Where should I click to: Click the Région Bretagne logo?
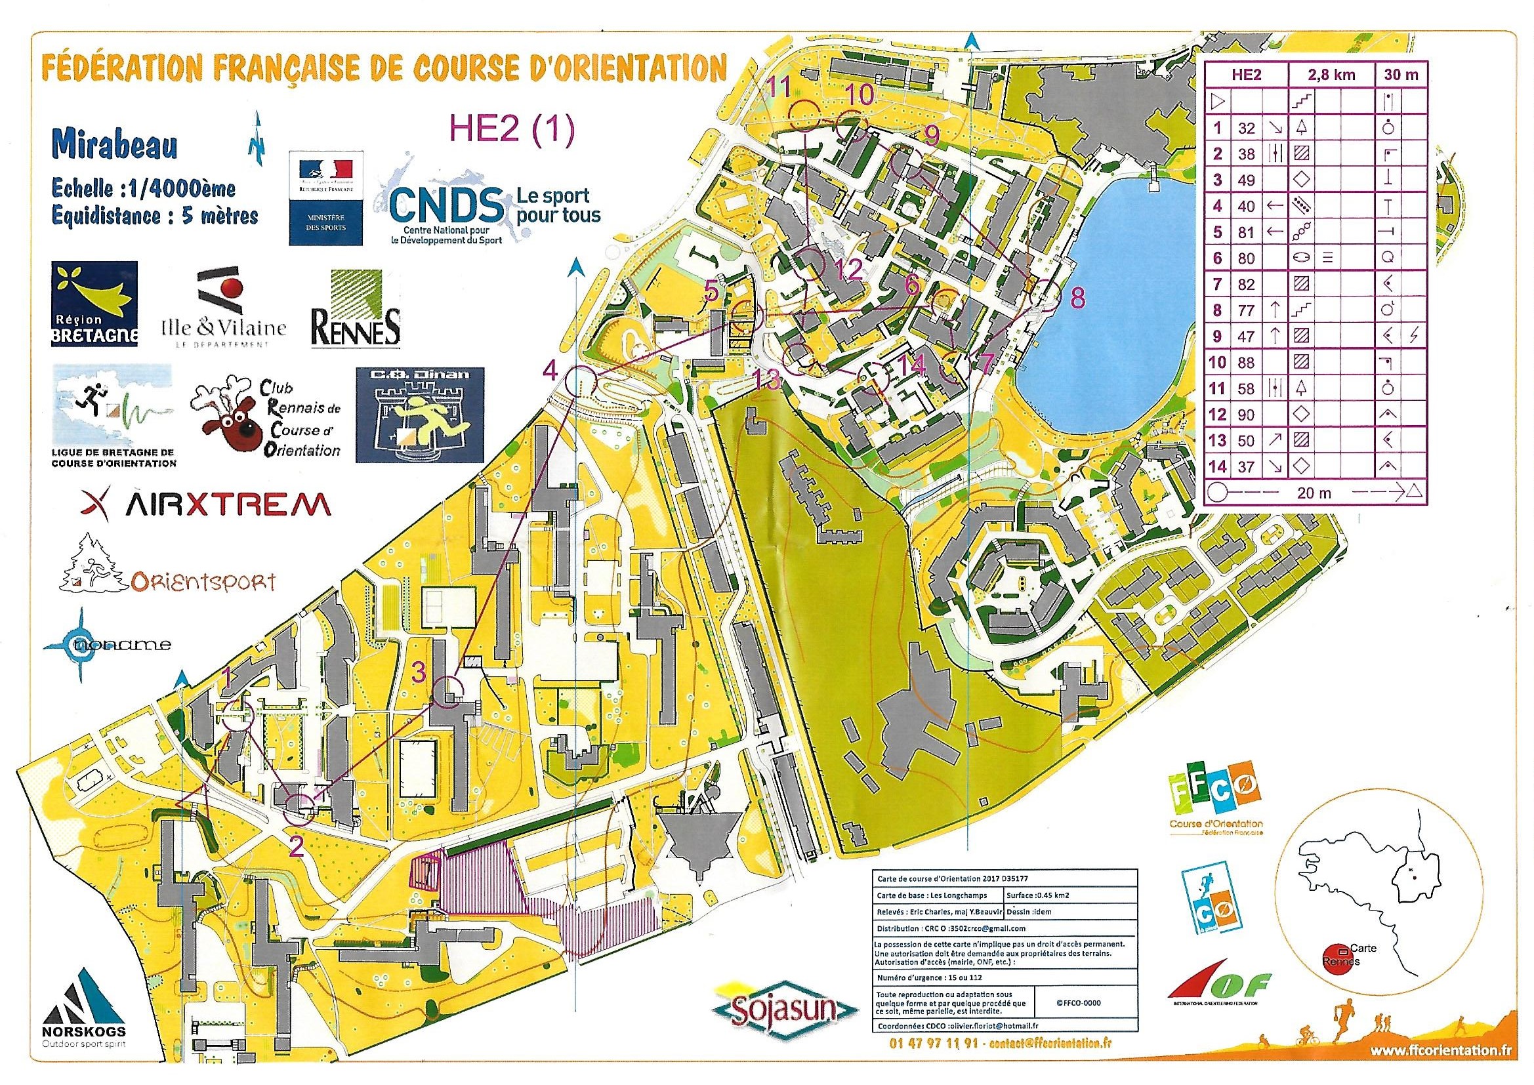click(x=94, y=304)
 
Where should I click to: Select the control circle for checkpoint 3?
click(x=449, y=691)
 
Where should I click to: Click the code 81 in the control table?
click(x=1246, y=232)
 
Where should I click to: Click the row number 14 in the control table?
click(x=1218, y=467)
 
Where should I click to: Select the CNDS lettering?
click(x=446, y=207)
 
